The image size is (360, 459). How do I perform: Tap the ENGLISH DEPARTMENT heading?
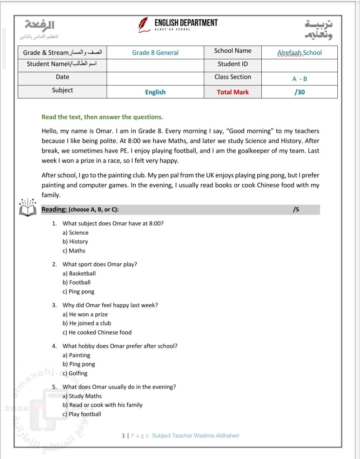pyautogui.click(x=186, y=23)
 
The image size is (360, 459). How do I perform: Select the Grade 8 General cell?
pyautogui.click(x=155, y=53)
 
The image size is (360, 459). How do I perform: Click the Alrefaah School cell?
pyautogui.click(x=299, y=53)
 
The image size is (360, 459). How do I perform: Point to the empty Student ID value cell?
pyautogui.click(x=299, y=66)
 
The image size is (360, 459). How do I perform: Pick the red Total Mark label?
pyautogui.click(x=233, y=92)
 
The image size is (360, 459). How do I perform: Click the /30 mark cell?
pyautogui.click(x=299, y=92)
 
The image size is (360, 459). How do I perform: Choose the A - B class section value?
pyautogui.click(x=299, y=79)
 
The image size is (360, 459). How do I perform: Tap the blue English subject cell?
pyautogui.click(x=155, y=92)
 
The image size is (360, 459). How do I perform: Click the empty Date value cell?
pyautogui.click(x=155, y=79)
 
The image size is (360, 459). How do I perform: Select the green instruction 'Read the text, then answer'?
pyautogui.click(x=102, y=117)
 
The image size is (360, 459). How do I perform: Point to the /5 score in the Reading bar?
pyautogui.click(x=296, y=210)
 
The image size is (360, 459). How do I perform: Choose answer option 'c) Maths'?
pyautogui.click(x=74, y=251)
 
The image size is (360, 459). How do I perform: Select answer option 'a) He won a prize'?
pyautogui.click(x=85, y=314)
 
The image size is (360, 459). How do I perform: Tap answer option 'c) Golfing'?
pyautogui.click(x=75, y=373)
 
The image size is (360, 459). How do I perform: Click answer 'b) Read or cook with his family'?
pyautogui.click(x=102, y=405)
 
